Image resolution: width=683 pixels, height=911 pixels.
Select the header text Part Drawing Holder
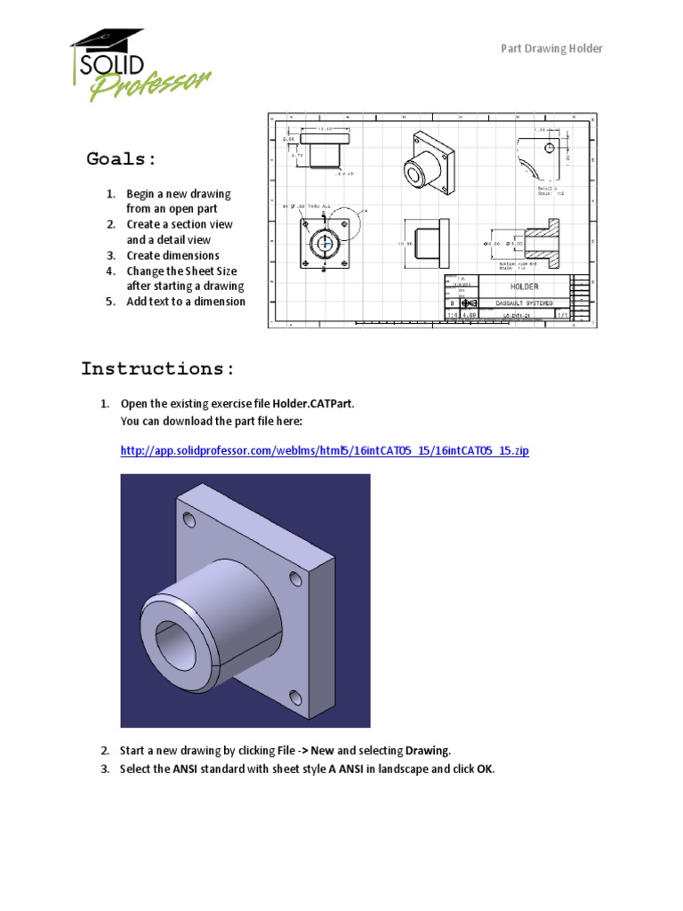(x=551, y=48)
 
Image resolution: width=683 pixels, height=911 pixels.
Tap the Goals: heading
(x=122, y=159)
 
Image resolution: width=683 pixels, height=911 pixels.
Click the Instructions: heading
(x=158, y=368)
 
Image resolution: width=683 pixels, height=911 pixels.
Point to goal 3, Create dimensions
(x=173, y=255)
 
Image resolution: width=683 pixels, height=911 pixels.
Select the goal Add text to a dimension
(x=185, y=301)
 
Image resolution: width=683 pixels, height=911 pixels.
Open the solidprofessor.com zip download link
(x=325, y=451)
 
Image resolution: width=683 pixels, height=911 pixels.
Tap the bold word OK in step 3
(x=485, y=769)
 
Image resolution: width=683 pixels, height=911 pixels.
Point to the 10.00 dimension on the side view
(x=406, y=242)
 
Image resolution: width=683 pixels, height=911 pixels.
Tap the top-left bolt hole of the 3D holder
(x=189, y=519)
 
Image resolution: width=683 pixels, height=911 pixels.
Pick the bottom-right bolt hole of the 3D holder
(x=297, y=697)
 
